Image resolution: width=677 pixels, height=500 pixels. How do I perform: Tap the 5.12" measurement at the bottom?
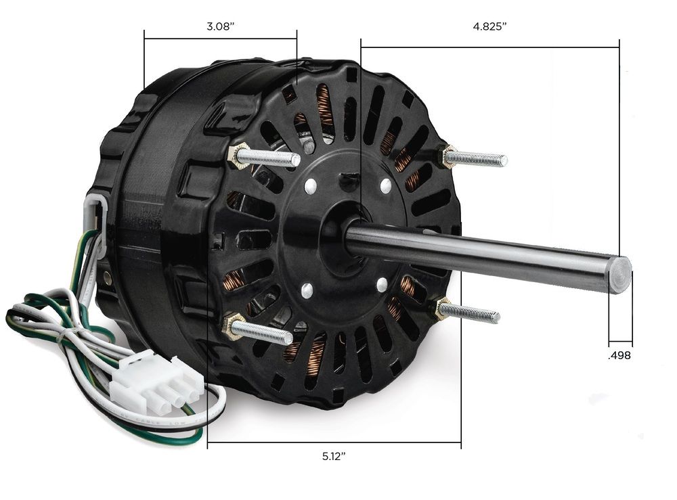(334, 457)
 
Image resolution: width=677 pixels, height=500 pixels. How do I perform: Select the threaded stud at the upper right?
(481, 160)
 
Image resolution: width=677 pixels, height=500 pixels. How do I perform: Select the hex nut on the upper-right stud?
(448, 156)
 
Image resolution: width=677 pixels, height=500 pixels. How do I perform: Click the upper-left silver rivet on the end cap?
(311, 184)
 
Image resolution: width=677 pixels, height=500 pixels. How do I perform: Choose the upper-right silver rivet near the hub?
(385, 184)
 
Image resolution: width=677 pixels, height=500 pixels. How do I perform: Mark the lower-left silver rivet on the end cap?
(305, 290)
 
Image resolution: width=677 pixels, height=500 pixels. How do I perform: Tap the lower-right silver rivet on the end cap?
(382, 283)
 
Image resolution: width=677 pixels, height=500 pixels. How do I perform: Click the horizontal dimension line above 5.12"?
(334, 443)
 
